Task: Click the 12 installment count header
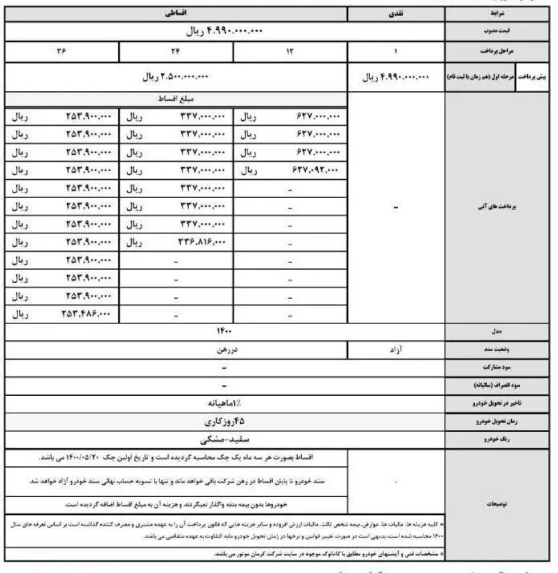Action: [290, 52]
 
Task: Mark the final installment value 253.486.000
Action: [87, 312]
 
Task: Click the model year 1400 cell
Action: [223, 331]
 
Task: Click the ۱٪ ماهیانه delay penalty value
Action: [223, 404]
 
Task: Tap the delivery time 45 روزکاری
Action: [223, 422]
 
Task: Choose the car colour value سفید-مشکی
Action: [223, 440]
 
